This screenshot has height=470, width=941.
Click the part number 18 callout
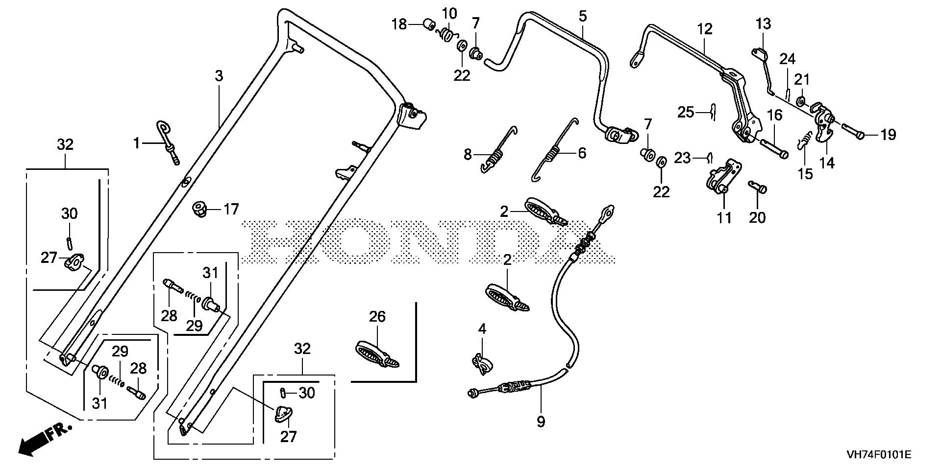point(399,24)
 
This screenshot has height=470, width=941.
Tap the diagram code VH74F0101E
point(878,455)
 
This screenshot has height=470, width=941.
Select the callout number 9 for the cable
point(541,422)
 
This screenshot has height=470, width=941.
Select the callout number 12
point(705,29)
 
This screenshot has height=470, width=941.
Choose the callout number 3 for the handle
point(219,76)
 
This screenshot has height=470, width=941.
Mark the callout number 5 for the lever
point(582,16)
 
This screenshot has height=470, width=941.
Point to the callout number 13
point(763,23)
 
